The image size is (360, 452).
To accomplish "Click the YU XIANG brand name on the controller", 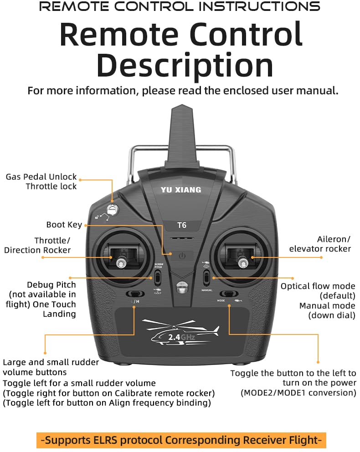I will pos(180,190).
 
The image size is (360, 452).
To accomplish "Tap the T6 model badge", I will pos(181,225).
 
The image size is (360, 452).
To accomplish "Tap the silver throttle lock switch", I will pos(112,210).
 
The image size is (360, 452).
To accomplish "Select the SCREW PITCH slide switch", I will pos(157,277).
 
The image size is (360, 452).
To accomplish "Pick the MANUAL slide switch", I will pos(206,277).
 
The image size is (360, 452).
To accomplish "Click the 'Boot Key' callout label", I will pos(64,225).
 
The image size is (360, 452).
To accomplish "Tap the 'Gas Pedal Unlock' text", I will pos(41,177).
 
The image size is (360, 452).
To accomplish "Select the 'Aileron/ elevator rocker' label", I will pos(320,244).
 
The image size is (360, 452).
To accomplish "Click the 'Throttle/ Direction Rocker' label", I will pos(37,245).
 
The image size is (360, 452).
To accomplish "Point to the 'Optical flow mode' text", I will pos(318,286).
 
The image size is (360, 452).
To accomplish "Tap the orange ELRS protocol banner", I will pos(181,440).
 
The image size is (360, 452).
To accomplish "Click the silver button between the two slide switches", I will pos(181,288).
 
